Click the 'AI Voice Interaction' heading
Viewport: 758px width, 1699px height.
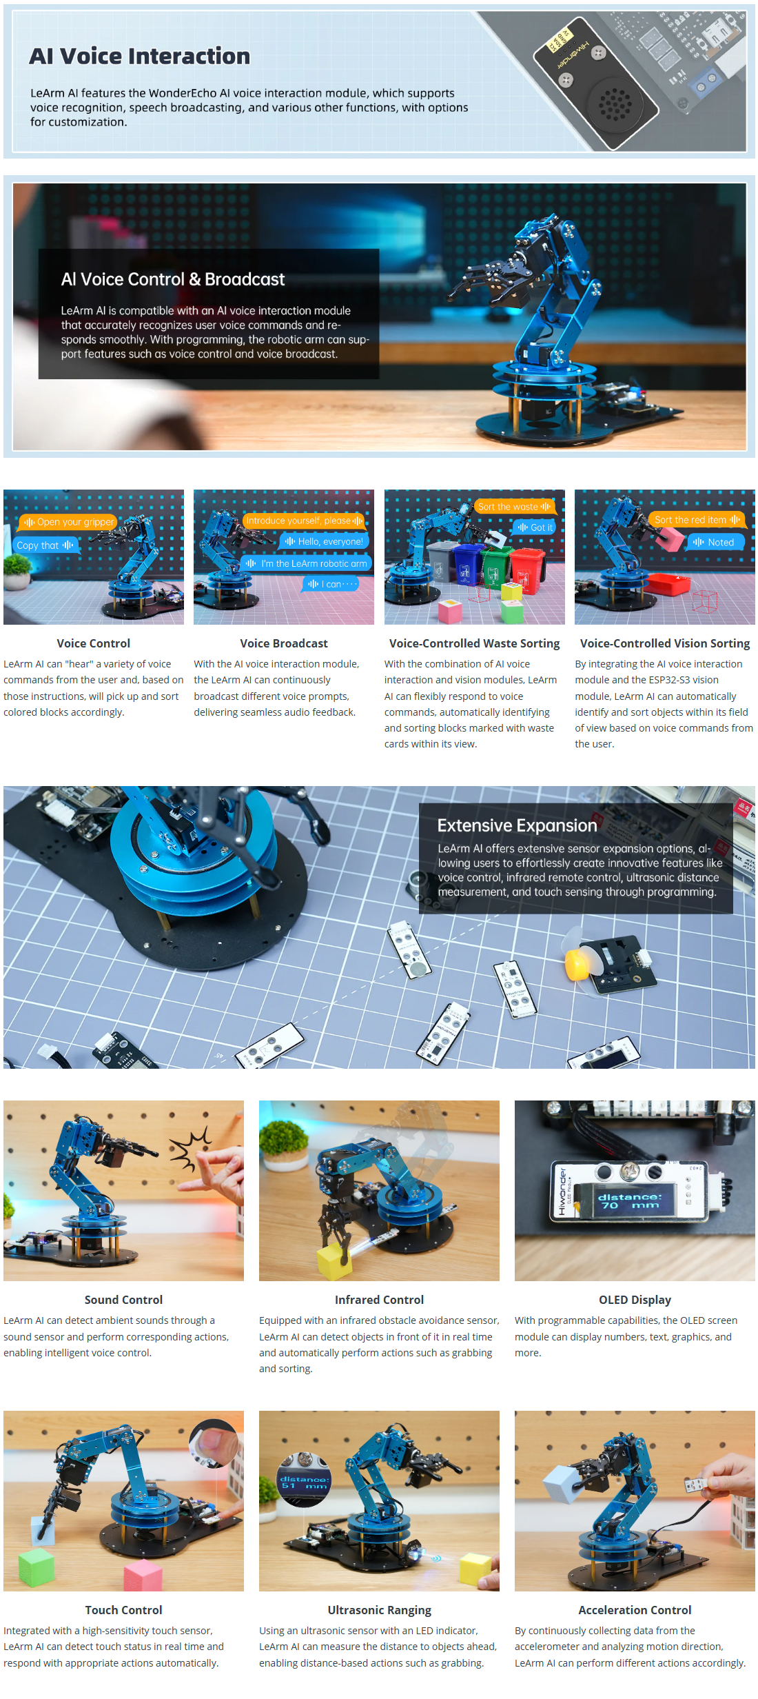139,56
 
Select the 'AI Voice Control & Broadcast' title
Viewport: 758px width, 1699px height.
172,279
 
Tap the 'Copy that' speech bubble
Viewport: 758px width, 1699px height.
45,545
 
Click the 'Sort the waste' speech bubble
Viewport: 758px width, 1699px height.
514,507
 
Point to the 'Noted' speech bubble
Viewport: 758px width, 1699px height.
715,543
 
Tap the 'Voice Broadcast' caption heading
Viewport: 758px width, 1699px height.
284,643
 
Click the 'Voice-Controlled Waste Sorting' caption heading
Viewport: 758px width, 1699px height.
474,643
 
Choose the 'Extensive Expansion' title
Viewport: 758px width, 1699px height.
517,825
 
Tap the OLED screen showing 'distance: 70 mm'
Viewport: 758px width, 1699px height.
629,1201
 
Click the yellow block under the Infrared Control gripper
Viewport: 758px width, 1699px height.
334,1260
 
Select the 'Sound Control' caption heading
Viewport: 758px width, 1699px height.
123,1300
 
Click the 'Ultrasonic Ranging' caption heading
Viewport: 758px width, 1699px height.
379,1610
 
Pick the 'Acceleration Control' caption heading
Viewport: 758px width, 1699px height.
635,1610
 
